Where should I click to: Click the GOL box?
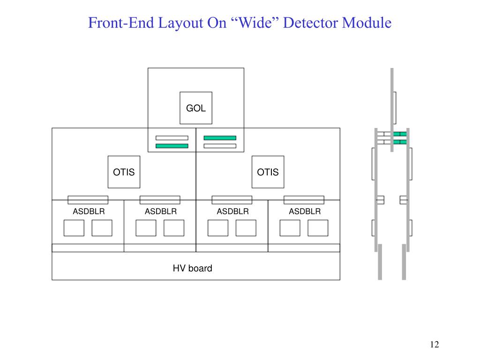(196, 108)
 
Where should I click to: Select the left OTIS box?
(124, 172)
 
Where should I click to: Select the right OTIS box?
(268, 172)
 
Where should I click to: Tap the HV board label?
(192, 268)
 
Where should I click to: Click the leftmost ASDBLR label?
(89, 211)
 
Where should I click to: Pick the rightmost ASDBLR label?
(305, 211)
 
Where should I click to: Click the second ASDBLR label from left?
(161, 211)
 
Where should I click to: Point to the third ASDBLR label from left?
(232, 211)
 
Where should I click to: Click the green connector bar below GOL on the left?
(172, 146)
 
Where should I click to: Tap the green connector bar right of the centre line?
(220, 138)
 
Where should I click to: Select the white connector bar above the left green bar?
(172, 138)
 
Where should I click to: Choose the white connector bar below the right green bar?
(220, 146)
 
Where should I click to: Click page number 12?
(435, 345)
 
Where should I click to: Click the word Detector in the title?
(310, 22)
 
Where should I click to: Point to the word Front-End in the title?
(121, 22)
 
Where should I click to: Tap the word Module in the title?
(367, 22)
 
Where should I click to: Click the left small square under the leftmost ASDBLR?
(74, 228)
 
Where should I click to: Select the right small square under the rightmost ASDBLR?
(318, 228)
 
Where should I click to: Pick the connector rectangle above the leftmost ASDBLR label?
(88, 200)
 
